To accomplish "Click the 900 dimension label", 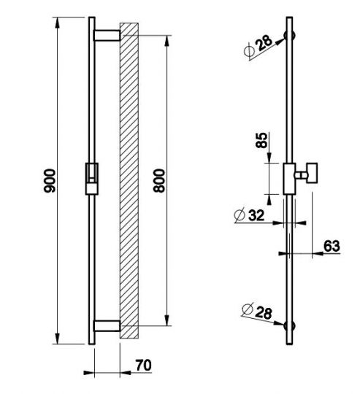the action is point(50,181).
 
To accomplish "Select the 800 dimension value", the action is point(159,181).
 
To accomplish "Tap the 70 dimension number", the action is point(144,365).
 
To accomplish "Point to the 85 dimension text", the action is point(261,140).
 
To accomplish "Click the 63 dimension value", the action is point(332,246).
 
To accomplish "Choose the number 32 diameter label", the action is point(256,215).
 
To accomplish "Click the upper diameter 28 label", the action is point(264,43).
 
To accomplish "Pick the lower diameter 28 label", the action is point(264,313).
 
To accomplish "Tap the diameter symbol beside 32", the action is point(239,215).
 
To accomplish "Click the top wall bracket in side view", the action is point(107,36).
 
